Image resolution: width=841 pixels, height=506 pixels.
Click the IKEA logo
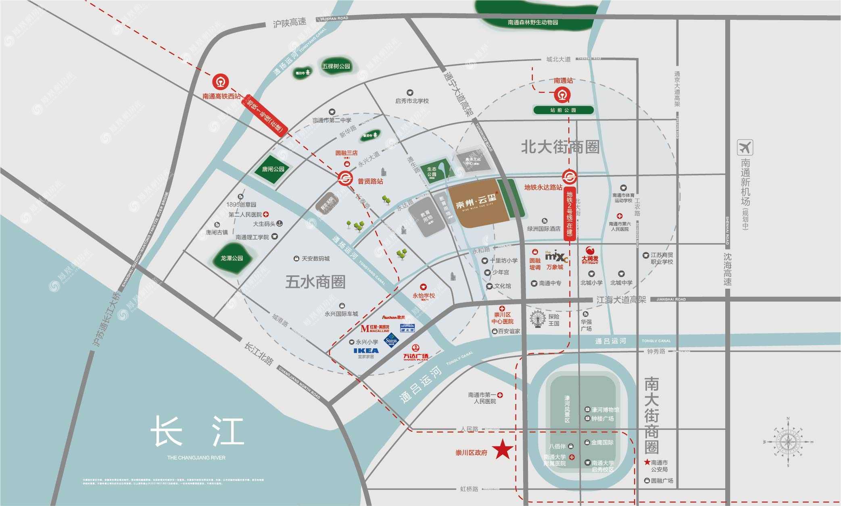pos(366,350)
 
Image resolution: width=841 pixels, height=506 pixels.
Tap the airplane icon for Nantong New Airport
pos(745,148)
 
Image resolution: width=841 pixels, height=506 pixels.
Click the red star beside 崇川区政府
pos(503,450)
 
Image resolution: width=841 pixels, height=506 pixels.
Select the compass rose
pos(788,442)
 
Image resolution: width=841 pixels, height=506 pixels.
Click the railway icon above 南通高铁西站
pos(221,82)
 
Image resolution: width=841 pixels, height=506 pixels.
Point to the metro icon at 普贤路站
pos(345,178)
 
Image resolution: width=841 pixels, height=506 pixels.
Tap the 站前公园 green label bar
pos(563,110)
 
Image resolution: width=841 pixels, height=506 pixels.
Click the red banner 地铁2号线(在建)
pos(569,214)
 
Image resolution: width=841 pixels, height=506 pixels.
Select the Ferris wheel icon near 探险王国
pos(538,319)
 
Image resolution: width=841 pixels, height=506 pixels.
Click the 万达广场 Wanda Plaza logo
pos(415,352)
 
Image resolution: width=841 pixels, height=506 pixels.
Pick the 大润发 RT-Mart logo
pos(590,255)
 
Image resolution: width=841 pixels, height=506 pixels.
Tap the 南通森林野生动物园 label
pos(532,22)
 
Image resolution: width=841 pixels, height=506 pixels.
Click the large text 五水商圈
pos(315,282)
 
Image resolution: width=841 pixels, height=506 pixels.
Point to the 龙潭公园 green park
pos(232,258)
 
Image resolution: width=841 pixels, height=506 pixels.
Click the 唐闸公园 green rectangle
pos(273,169)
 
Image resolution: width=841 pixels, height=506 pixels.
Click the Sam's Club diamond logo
pos(391,340)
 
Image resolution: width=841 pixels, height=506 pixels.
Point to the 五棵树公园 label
pos(336,66)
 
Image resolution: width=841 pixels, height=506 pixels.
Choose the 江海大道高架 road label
pos(621,300)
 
